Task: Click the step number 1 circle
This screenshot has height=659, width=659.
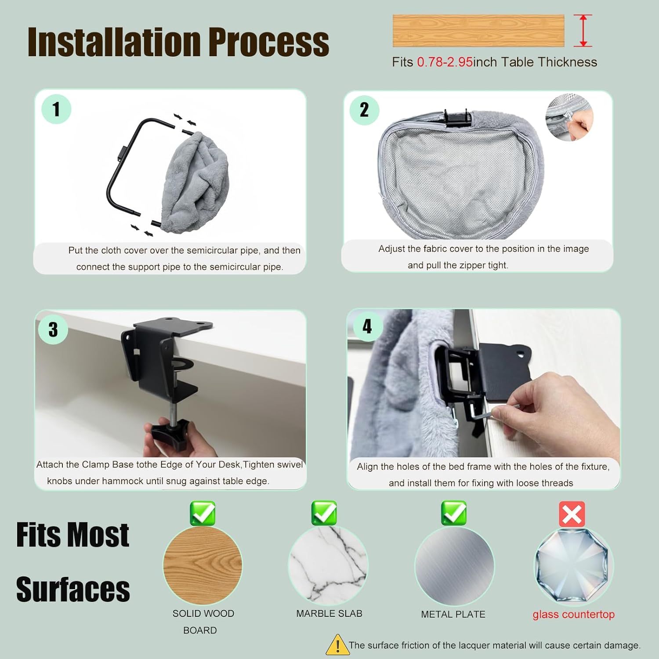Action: pyautogui.click(x=56, y=109)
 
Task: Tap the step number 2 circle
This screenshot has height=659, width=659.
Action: pyautogui.click(x=364, y=110)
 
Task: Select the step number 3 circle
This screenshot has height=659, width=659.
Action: pyautogui.click(x=53, y=329)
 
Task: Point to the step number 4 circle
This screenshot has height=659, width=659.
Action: pyautogui.click(x=367, y=326)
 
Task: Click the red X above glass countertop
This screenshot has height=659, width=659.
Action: pyautogui.click(x=572, y=514)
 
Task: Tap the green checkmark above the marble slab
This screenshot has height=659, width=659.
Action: pyautogui.click(x=324, y=513)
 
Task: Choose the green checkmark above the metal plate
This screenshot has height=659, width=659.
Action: pyautogui.click(x=454, y=513)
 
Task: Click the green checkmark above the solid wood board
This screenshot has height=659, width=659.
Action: pyautogui.click(x=203, y=513)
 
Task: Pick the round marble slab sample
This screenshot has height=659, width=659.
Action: pyautogui.click(x=328, y=565)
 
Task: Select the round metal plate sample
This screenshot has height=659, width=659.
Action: pyautogui.click(x=454, y=566)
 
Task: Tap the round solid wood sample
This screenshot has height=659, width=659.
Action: pyautogui.click(x=203, y=565)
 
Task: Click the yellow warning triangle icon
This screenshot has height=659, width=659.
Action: pyautogui.click(x=337, y=645)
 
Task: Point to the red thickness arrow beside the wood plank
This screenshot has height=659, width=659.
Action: pyautogui.click(x=583, y=30)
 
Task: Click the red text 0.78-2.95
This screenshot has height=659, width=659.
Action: pyautogui.click(x=445, y=62)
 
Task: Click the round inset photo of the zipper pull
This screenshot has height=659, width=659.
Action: pyautogui.click(x=569, y=117)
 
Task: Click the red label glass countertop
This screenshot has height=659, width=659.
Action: pyautogui.click(x=573, y=614)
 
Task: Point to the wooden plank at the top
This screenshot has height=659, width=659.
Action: pyautogui.click(x=478, y=31)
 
